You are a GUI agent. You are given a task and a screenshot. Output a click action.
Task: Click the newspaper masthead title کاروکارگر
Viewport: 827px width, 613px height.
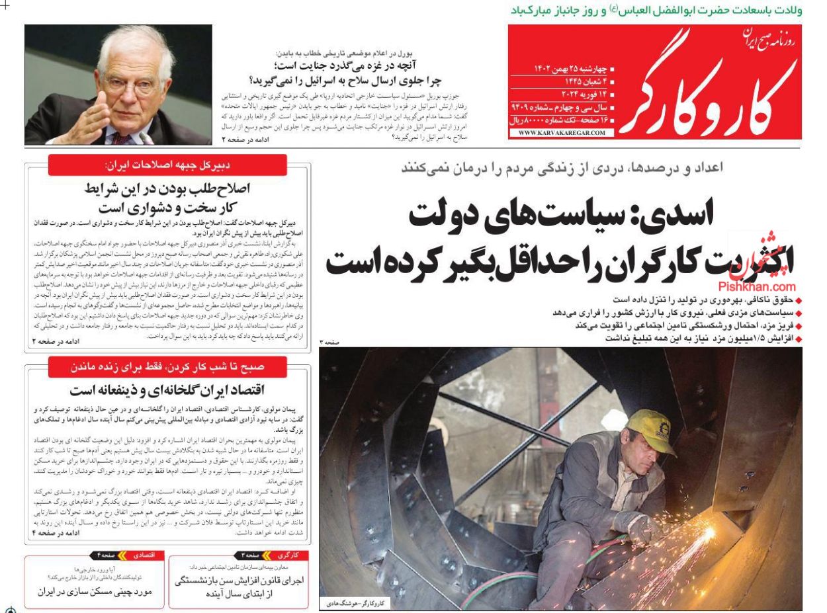click(x=708, y=89)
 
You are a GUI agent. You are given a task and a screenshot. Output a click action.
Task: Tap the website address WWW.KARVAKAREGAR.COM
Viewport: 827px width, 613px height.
click(x=562, y=133)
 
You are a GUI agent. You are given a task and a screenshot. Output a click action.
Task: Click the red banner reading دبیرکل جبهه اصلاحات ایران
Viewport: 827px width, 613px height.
click(x=167, y=165)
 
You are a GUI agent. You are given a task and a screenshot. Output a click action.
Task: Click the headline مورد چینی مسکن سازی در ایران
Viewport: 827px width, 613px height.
click(x=92, y=591)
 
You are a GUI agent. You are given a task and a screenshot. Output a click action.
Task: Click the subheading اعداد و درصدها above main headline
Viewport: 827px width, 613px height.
click(x=562, y=169)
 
